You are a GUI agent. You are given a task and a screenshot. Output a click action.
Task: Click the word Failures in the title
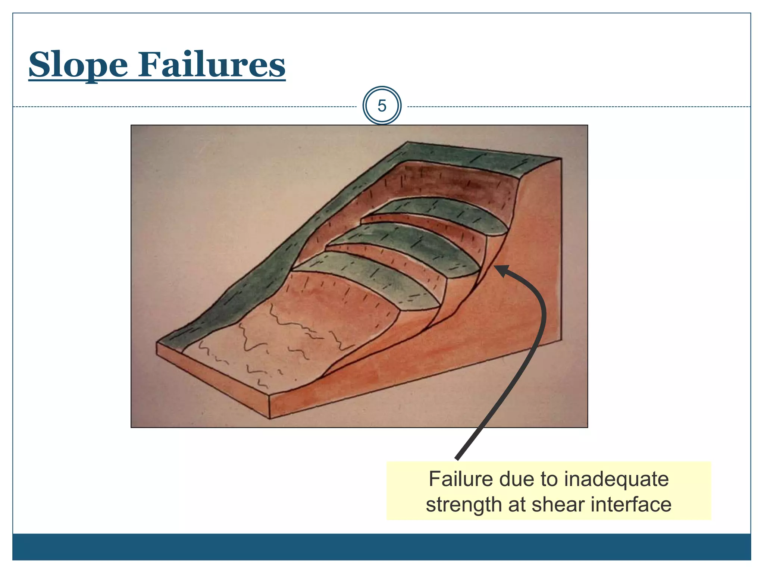(212, 65)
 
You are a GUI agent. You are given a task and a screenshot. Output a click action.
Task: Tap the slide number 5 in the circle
(382, 106)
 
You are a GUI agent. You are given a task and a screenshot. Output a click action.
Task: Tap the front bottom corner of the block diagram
(269, 418)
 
